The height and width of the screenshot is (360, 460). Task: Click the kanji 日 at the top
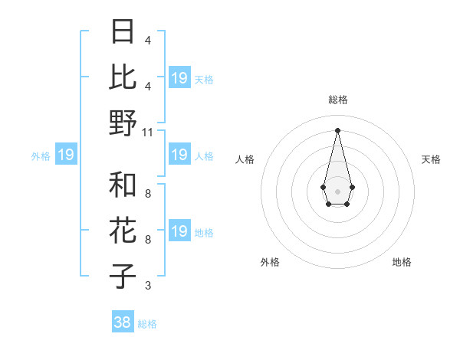pyautogui.click(x=123, y=32)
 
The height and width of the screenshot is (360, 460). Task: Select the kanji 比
pyautogui.click(x=123, y=77)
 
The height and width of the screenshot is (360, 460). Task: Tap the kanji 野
pyautogui.click(x=123, y=123)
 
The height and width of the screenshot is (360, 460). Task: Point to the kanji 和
pyautogui.click(x=123, y=185)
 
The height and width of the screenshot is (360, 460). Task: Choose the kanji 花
pyautogui.click(x=123, y=231)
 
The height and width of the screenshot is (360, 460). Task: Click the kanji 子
pyautogui.click(x=123, y=276)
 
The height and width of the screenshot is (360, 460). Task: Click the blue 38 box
pyautogui.click(x=123, y=322)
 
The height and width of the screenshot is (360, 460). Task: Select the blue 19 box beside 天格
pyautogui.click(x=179, y=78)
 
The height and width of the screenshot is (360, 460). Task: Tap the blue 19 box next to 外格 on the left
pyautogui.click(x=66, y=155)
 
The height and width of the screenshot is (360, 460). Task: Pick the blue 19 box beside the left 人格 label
pyautogui.click(x=179, y=155)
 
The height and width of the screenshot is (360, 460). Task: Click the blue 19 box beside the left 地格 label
pyautogui.click(x=179, y=231)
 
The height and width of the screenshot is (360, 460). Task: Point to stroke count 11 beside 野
pyautogui.click(x=148, y=132)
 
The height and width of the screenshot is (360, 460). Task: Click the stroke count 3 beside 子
pyautogui.click(x=148, y=286)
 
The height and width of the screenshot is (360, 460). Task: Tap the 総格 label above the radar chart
pyautogui.click(x=337, y=100)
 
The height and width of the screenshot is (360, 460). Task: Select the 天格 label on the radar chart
pyautogui.click(x=431, y=159)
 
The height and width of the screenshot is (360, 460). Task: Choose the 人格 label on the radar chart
pyautogui.click(x=245, y=159)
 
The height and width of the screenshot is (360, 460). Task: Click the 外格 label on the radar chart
pyautogui.click(x=270, y=262)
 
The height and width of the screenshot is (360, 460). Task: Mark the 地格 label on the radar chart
pyautogui.click(x=402, y=262)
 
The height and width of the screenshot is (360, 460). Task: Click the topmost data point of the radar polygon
pyautogui.click(x=337, y=129)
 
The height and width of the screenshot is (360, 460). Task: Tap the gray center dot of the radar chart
pyautogui.click(x=337, y=190)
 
